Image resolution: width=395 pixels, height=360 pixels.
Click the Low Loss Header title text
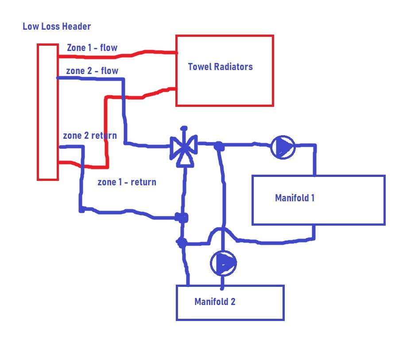pos(57,26)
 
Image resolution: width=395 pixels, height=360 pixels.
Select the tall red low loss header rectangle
pos(38,112)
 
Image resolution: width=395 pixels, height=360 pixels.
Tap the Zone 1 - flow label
pos(92,47)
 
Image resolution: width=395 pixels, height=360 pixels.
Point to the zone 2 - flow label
pos(92,70)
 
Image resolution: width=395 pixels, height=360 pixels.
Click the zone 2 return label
pos(90,136)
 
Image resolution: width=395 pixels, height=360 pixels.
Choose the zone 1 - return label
pos(127,182)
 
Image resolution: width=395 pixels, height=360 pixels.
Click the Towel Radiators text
pos(221,67)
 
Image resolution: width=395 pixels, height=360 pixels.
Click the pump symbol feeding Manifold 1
pos(283,147)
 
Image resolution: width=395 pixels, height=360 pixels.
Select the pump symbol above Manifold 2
pos(223,263)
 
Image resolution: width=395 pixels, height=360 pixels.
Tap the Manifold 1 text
pos(295,198)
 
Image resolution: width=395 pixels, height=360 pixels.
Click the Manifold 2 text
pos(215,301)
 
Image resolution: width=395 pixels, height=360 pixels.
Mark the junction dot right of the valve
pos(219,146)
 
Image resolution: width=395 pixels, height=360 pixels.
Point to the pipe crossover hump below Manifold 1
pos(222,228)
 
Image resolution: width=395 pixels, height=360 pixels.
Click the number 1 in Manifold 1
pos(313,198)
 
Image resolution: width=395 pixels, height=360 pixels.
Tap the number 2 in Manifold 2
pos(233,301)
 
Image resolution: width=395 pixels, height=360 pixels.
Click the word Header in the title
pos(77,26)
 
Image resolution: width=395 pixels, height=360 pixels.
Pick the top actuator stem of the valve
pos(184,135)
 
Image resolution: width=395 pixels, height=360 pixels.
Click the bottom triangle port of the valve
pos(186,160)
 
